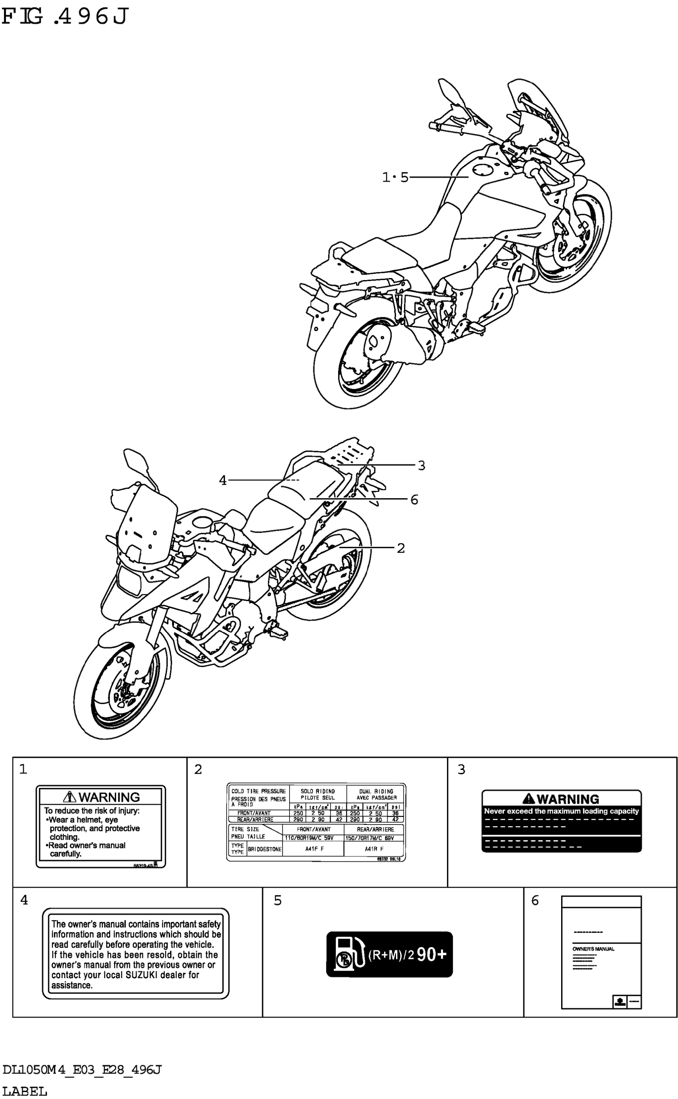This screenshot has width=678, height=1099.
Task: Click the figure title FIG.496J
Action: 65,17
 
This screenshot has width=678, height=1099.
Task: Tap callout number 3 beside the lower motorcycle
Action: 421,466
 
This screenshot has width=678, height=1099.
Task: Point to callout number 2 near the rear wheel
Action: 400,548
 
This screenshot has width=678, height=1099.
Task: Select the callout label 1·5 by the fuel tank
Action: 395,178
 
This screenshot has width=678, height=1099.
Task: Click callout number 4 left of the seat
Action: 223,481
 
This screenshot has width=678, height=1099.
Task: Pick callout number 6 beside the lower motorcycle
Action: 414,499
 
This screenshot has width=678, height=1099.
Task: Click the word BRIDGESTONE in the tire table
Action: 264,849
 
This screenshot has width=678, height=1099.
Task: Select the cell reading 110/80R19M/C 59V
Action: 309,838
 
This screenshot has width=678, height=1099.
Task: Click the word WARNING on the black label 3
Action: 568,799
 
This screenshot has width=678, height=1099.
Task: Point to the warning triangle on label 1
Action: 69,797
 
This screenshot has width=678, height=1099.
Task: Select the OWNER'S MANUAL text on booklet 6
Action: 593,949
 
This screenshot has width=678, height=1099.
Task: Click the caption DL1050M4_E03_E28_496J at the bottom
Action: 82,1070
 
